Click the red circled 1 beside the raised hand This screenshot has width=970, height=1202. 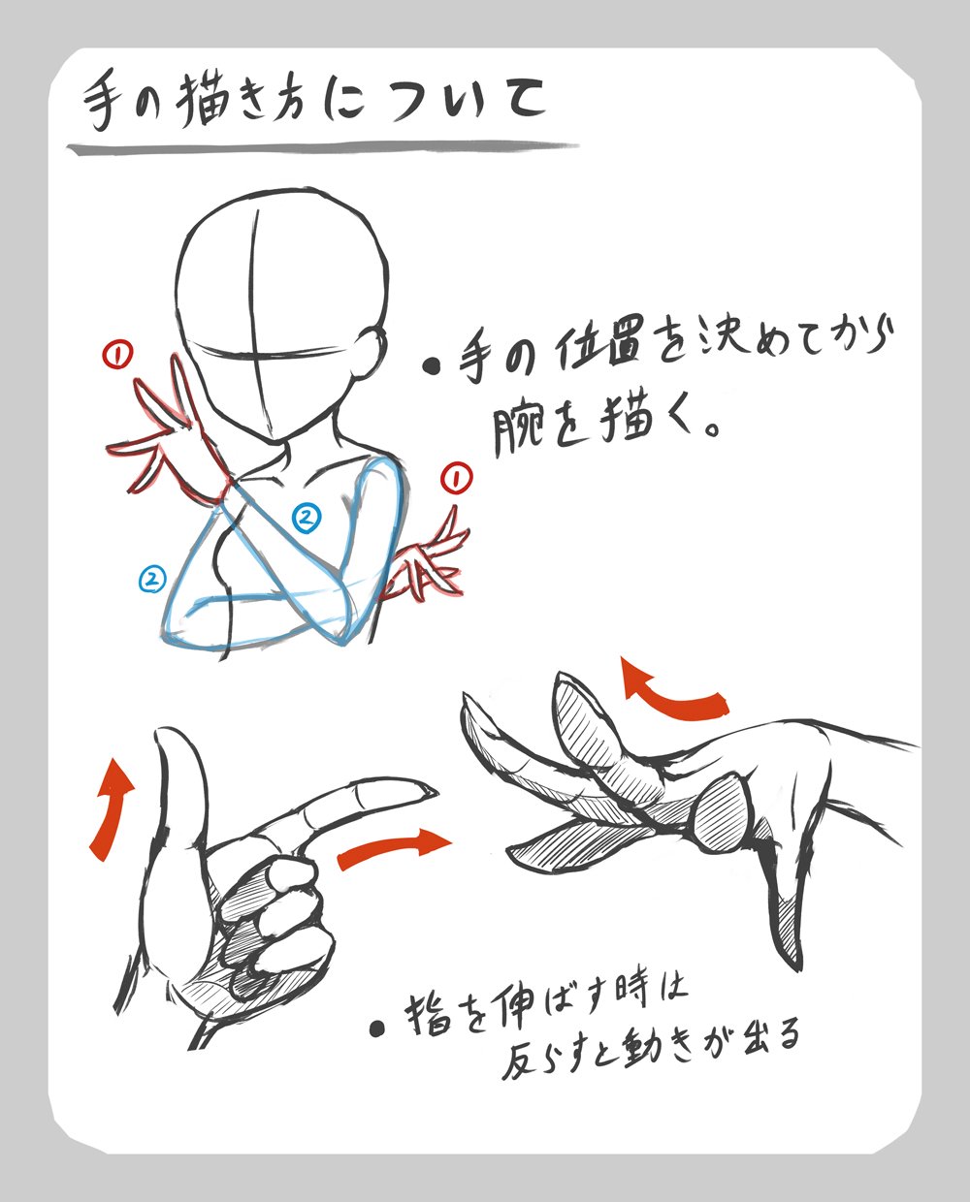click(x=117, y=354)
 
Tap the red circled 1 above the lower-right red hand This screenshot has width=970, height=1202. click(x=456, y=478)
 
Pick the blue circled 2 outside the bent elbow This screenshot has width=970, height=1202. click(x=152, y=580)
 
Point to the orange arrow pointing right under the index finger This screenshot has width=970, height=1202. click(x=394, y=849)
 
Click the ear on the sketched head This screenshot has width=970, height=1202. click(x=372, y=351)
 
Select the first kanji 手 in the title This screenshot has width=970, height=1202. click(x=105, y=103)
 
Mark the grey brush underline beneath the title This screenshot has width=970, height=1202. click(x=322, y=148)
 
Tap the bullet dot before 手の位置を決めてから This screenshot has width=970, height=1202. click(x=432, y=367)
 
